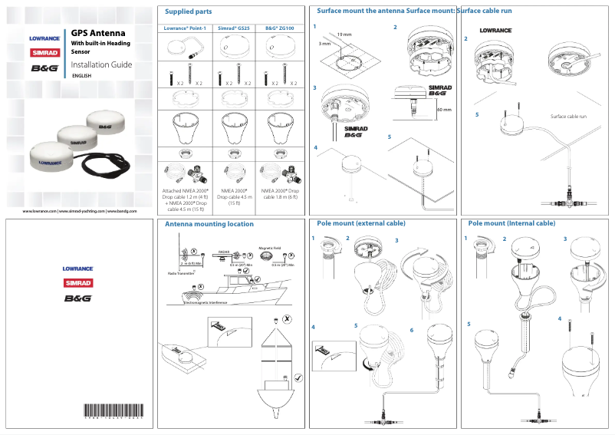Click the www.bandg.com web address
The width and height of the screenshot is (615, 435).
[x=122, y=210]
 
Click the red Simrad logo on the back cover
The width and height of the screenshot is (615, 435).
[x=77, y=283]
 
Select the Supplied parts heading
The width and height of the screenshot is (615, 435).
[x=189, y=12]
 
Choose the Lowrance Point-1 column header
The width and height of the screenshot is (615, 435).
[x=185, y=28]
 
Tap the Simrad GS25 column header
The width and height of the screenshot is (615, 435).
[x=233, y=28]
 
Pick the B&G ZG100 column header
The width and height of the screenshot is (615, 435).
[x=281, y=28]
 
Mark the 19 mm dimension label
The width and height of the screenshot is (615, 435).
[x=344, y=35]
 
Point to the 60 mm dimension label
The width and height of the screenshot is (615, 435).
[x=443, y=110]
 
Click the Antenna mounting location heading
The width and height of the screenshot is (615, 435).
[x=209, y=224]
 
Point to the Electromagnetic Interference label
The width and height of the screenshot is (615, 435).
[x=206, y=302]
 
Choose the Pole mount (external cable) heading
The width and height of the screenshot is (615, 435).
[x=361, y=223]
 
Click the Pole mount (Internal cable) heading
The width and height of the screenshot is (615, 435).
[x=511, y=223]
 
